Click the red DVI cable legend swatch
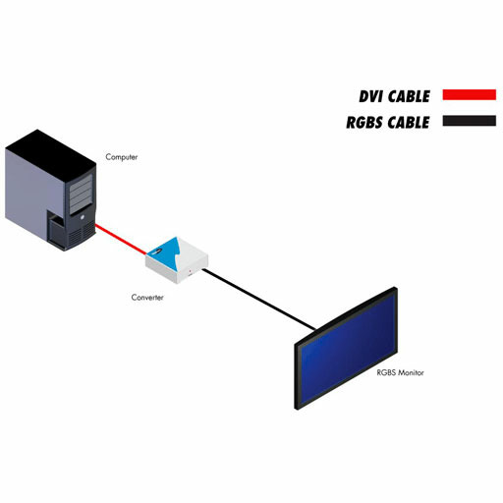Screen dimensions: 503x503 [470, 94]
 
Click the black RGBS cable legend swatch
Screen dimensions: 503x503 [470, 121]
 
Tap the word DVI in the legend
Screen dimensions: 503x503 [370, 96]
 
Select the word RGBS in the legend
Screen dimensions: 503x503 [364, 123]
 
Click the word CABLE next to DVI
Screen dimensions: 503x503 [409, 96]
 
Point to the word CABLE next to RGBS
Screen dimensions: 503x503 [409, 123]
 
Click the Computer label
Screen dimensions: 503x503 [122, 157]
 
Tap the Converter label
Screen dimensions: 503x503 [147, 298]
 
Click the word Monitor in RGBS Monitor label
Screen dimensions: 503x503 [410, 372]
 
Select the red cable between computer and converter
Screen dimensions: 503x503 [121, 239]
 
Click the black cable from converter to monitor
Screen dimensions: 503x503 [259, 299]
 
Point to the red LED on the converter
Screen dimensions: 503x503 [191, 271]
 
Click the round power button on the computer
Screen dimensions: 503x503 [82, 217]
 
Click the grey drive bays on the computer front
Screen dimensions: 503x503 [81, 194]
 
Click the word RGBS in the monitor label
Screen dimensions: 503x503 [385, 372]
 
